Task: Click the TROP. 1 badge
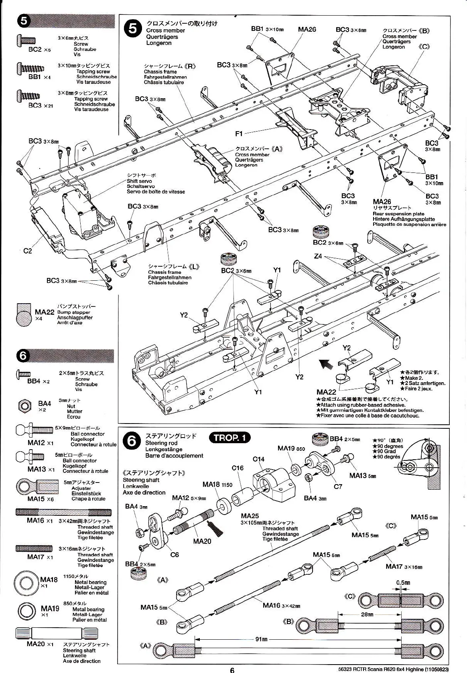point(229,438)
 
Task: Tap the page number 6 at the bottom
point(232,669)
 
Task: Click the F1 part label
point(239,134)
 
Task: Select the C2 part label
point(27,251)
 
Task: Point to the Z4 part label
point(318,256)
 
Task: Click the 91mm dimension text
point(262,639)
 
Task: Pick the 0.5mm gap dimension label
point(403,582)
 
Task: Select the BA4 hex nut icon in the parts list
point(25,405)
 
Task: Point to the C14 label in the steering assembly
point(258,459)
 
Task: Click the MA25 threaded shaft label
point(250,516)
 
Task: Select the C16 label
point(238,468)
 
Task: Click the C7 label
point(338,486)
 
